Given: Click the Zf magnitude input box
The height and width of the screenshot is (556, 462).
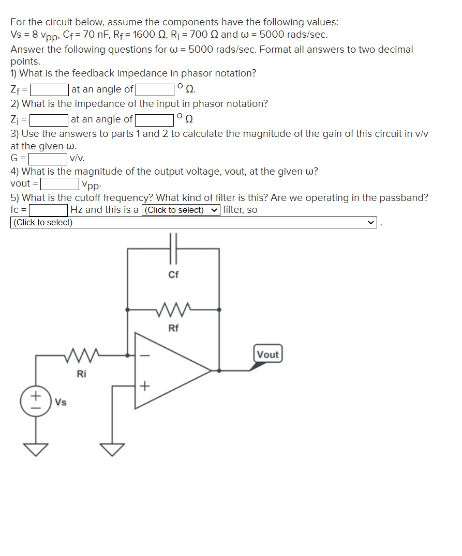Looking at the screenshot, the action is coord(50,90).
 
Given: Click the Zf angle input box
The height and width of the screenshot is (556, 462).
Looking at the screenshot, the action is coord(154,90).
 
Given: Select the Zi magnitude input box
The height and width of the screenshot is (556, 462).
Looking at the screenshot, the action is coord(49,120).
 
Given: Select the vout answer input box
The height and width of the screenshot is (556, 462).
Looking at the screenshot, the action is coord(59,183).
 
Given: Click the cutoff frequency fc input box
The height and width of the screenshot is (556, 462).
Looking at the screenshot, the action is coord(49,210).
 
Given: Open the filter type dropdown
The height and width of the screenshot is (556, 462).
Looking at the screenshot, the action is coord(181,210).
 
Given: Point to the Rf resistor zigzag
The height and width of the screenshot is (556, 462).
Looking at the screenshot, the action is coord(173,310).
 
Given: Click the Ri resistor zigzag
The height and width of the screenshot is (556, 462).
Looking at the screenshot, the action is coord(81,355).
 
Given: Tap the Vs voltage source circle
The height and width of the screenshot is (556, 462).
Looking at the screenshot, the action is coord(36,401).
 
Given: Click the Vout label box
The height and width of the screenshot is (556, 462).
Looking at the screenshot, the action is coord(267,354).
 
